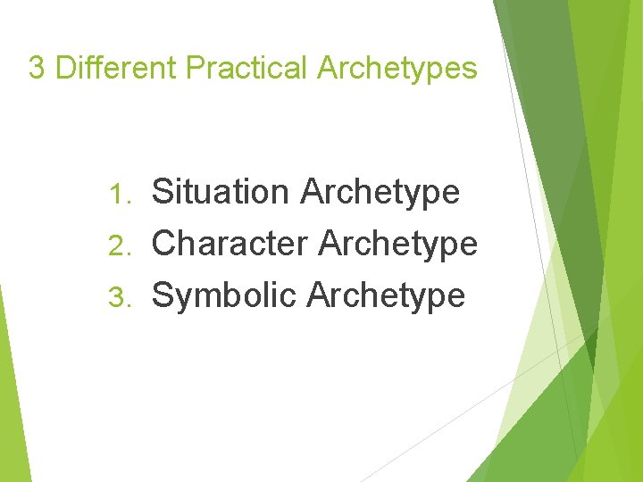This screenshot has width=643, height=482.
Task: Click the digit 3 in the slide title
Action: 37,68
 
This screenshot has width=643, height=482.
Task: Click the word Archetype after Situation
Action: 380,193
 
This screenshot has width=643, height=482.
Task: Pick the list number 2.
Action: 120,244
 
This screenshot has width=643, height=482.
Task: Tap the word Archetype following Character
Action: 398,245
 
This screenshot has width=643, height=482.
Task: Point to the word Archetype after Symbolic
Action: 386,296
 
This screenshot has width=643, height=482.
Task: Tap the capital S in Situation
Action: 163,191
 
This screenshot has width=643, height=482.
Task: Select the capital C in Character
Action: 164,243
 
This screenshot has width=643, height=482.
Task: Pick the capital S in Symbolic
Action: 163,295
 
